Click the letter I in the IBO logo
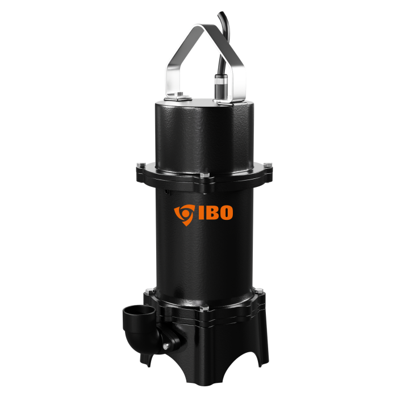tap(201, 212)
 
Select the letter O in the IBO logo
tap(225, 212)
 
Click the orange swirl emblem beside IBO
tap(185, 215)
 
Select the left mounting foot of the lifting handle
tap(178, 97)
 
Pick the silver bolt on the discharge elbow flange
tap(166, 347)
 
